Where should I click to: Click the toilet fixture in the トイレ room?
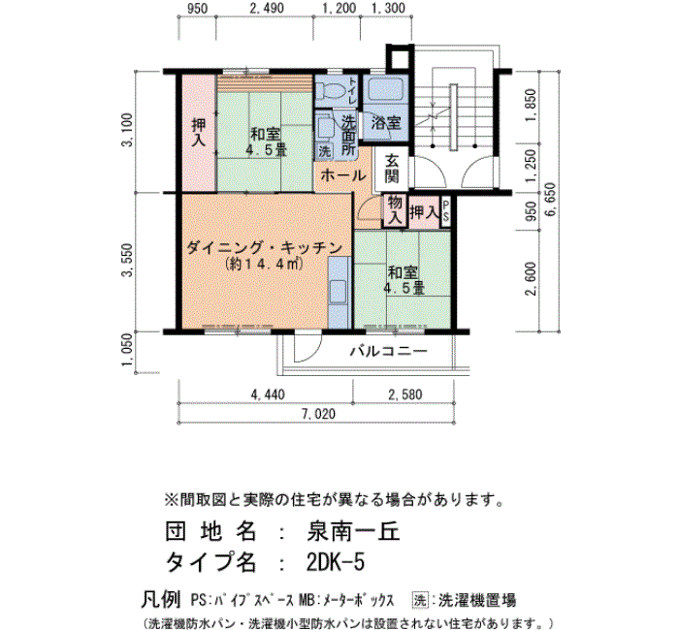tap(330, 91)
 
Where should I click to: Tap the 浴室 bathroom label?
tap(386, 122)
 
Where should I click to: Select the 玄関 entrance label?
tap(392, 169)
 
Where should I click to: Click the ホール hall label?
tap(343, 175)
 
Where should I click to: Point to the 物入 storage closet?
tap(395, 210)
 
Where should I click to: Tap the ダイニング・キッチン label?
tap(264, 248)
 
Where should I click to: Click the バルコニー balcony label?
tap(388, 351)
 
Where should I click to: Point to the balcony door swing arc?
tap(314, 351)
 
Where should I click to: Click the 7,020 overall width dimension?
tap(318, 414)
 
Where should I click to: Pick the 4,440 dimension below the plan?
tap(268, 394)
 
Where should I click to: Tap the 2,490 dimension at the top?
tap(267, 8)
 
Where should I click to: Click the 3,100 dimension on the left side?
tap(128, 130)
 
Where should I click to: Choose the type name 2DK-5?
tap(336, 562)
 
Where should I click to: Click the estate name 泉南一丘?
tap(353, 531)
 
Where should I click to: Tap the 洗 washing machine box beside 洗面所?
tap(324, 151)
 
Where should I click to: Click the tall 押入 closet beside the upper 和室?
tap(199, 133)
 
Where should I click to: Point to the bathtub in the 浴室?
tap(386, 89)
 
